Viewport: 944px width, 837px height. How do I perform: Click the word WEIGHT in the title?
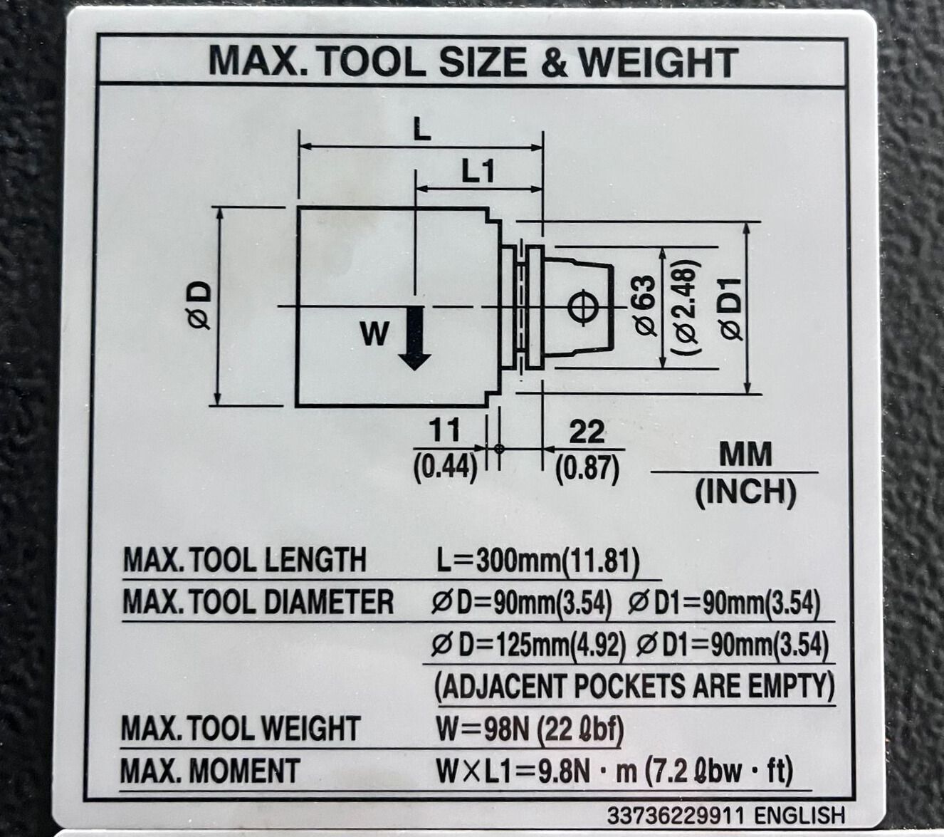tap(658, 62)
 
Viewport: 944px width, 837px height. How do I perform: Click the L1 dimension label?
tap(478, 171)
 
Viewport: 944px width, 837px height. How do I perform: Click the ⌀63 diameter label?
tap(642, 304)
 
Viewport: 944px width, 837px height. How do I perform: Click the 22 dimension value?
tap(587, 432)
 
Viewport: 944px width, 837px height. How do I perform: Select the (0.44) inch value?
tap(445, 467)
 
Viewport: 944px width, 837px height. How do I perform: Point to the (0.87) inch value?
tap(587, 468)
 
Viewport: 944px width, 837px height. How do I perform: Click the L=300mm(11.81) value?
tap(537, 561)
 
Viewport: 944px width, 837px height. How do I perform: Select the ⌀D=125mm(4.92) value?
tap(528, 645)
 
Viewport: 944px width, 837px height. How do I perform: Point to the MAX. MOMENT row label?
tap(211, 771)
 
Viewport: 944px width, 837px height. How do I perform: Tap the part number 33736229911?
tap(676, 814)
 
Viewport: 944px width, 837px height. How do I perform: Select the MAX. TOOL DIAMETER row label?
tap(258, 603)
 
